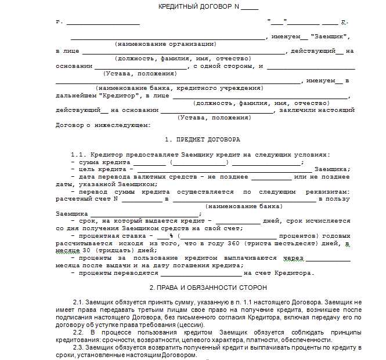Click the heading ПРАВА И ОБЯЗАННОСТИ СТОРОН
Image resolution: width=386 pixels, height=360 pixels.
[x=208, y=288]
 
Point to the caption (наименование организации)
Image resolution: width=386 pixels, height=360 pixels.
[x=165, y=43]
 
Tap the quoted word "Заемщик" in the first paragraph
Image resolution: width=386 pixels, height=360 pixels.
[x=330, y=36]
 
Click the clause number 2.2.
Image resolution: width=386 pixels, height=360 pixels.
[x=80, y=332]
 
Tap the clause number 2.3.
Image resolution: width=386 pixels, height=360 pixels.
[x=80, y=347]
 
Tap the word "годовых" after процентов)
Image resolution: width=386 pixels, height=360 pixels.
[x=336, y=236]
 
